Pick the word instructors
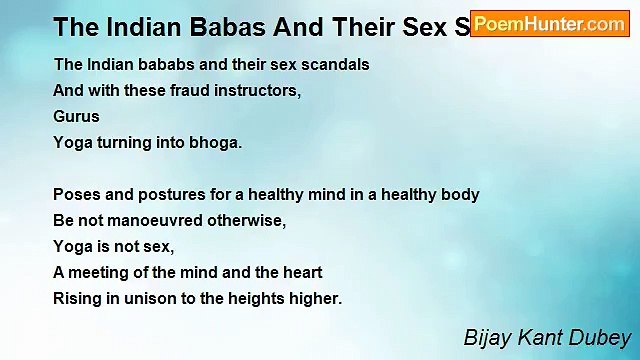point(251,90)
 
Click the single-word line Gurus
point(77,116)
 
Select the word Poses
point(76,194)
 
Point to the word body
point(460,194)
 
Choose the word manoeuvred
point(161,220)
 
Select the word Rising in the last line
point(77,298)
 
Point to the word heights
point(264,298)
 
